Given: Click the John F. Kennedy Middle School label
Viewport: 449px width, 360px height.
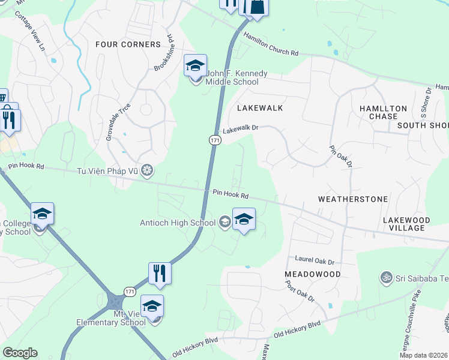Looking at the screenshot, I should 236,77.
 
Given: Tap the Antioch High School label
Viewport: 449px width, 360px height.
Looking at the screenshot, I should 178,223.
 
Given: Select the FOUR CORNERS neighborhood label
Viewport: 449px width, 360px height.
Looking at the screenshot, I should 128,44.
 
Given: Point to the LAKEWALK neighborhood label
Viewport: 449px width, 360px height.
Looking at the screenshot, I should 259,108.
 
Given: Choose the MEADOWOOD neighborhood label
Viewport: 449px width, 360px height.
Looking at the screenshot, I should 312,274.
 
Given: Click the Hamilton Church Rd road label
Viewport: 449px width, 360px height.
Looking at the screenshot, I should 271,44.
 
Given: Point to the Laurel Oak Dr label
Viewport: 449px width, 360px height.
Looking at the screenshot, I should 314,260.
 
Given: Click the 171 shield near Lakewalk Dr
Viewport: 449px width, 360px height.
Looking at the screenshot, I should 215,140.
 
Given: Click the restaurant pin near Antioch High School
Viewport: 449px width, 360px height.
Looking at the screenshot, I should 160,273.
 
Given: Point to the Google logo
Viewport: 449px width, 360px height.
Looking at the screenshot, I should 19,353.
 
